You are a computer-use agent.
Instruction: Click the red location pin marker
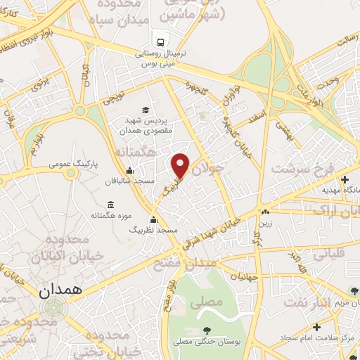coord(181,165)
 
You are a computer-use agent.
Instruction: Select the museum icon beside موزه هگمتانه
coord(112,205)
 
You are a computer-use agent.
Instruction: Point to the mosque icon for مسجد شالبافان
coord(130,171)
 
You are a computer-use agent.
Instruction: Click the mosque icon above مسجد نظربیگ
coord(153,220)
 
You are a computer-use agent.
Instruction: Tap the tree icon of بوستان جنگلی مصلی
coord(207,330)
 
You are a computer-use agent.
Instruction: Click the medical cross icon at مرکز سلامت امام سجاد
coord(316,327)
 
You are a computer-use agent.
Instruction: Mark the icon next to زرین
coord(265,212)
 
